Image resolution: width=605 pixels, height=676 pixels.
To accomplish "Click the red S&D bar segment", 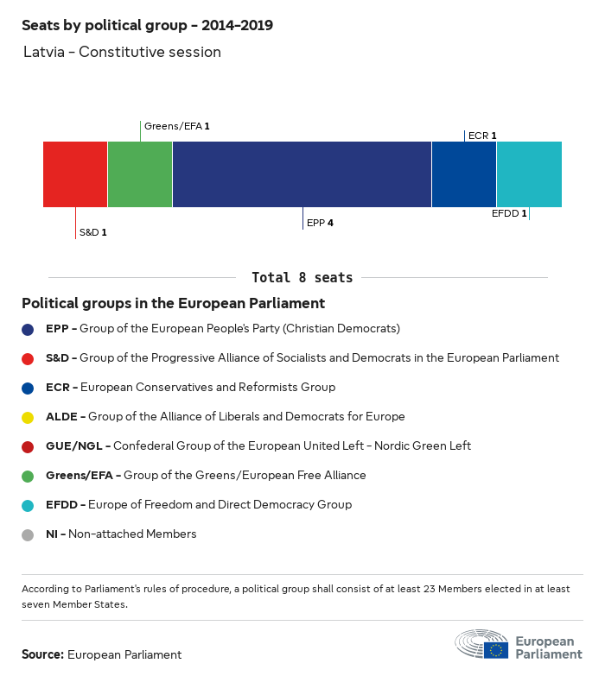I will pyautogui.click(x=75, y=174).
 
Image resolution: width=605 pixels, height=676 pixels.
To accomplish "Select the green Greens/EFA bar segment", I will pyautogui.click(x=140, y=174).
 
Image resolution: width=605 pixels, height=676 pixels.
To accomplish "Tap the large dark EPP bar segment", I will pyautogui.click(x=302, y=174).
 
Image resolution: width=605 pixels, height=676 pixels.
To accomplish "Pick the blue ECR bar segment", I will pyautogui.click(x=464, y=174).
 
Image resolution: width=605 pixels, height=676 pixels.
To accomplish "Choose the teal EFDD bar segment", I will pyautogui.click(x=529, y=174).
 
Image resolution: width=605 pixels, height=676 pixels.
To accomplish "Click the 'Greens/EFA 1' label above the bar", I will pyautogui.click(x=177, y=126).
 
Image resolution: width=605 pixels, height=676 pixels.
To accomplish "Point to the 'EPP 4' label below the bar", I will pyautogui.click(x=320, y=223).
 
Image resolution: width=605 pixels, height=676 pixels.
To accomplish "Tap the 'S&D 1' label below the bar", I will pyautogui.click(x=93, y=232).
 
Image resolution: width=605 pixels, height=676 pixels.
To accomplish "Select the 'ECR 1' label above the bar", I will pyautogui.click(x=482, y=136).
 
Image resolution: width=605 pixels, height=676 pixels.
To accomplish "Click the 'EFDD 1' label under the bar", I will pyautogui.click(x=508, y=213).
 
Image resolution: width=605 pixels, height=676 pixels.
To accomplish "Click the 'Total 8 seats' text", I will pyautogui.click(x=302, y=278).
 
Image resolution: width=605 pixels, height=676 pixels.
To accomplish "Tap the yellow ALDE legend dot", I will pyautogui.click(x=29, y=417).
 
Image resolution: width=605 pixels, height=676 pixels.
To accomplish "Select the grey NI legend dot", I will pyautogui.click(x=29, y=534).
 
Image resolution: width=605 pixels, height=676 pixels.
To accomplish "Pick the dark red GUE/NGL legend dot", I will pyautogui.click(x=29, y=446).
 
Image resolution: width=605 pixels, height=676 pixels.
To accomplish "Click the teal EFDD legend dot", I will pyautogui.click(x=29, y=505).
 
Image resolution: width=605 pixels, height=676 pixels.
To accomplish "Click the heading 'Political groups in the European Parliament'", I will pyautogui.click(x=173, y=303).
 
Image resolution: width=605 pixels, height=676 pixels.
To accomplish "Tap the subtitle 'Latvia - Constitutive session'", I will pyautogui.click(x=122, y=52).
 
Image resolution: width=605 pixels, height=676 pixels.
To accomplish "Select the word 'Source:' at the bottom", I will pyautogui.click(x=42, y=654).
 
